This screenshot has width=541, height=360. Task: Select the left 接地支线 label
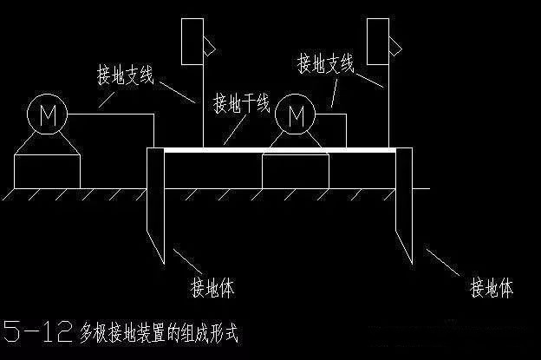click(125, 76)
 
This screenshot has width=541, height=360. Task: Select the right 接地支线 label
click(326, 63)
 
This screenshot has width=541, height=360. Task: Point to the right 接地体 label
click(491, 285)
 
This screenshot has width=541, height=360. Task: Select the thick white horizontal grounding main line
click(277, 149)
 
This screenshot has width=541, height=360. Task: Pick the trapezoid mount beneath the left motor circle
click(47, 145)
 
